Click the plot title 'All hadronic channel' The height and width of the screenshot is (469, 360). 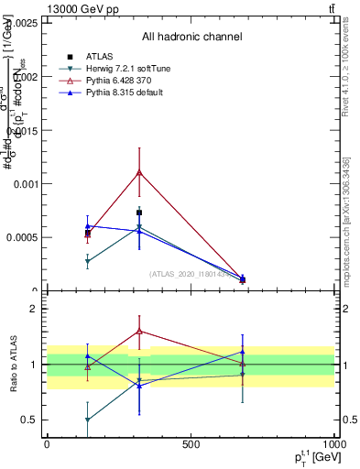pos(191,37)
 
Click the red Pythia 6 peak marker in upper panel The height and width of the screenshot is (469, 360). pos(139,171)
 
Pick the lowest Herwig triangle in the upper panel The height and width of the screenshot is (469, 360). pos(88,262)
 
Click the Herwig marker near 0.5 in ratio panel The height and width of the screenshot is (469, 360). pos(88,420)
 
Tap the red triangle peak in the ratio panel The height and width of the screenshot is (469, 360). pos(139,331)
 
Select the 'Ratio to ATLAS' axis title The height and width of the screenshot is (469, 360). pos(14,365)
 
